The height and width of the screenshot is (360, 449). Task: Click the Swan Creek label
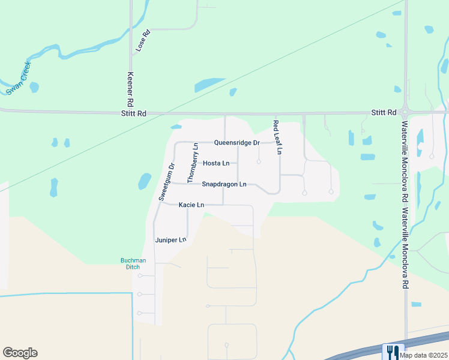[x=18, y=82]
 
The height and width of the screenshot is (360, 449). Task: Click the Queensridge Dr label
[x=237, y=143]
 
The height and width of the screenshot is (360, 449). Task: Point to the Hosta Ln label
[x=216, y=163]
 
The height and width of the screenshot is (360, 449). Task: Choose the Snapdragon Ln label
[x=224, y=184]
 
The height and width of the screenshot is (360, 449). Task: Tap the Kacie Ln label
[x=191, y=205]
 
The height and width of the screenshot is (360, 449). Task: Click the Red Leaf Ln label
[x=277, y=138]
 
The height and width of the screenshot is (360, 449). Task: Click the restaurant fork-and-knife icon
[x=393, y=350]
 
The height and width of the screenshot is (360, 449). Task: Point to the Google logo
[x=20, y=353]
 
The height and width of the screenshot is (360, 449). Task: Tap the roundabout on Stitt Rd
[x=406, y=112]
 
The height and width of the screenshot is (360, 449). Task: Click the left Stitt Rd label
[x=133, y=113]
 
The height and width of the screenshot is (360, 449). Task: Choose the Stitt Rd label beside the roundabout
[x=384, y=112]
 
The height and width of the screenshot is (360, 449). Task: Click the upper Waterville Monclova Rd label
[x=405, y=150]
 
